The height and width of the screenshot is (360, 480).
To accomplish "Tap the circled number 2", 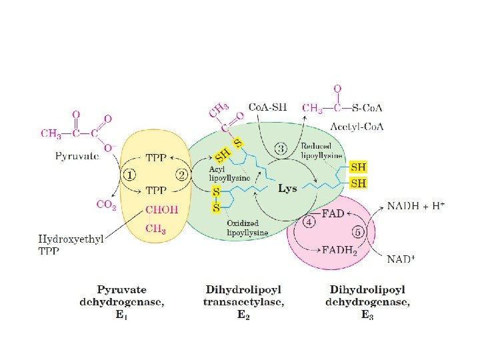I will point(181,175).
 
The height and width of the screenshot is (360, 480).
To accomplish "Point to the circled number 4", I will point(309,222).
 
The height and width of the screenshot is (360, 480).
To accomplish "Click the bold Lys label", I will point(287,189).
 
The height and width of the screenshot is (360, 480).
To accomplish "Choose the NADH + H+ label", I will point(416,206).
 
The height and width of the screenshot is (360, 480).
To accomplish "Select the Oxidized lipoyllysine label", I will point(247,228).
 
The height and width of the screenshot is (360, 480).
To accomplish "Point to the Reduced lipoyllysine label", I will point(322,151).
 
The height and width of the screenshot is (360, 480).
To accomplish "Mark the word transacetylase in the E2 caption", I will point(243,302).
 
